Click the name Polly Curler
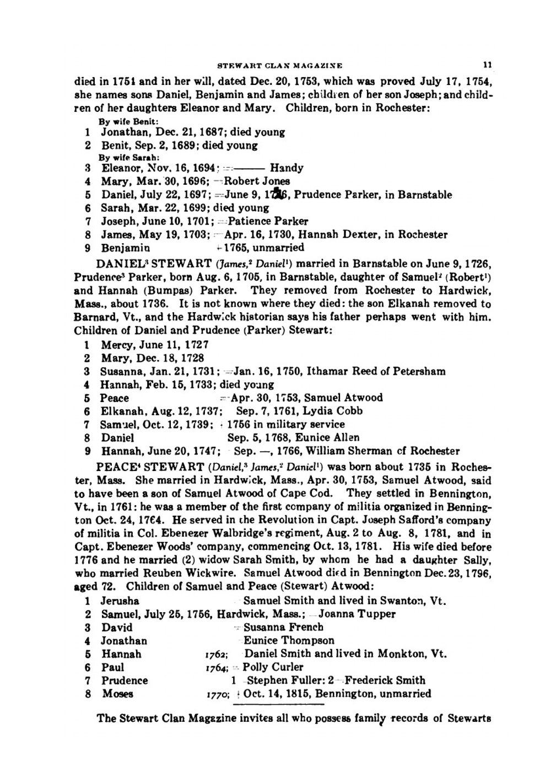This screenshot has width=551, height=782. (x=273, y=667)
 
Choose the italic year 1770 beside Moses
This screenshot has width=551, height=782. (x=214, y=695)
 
